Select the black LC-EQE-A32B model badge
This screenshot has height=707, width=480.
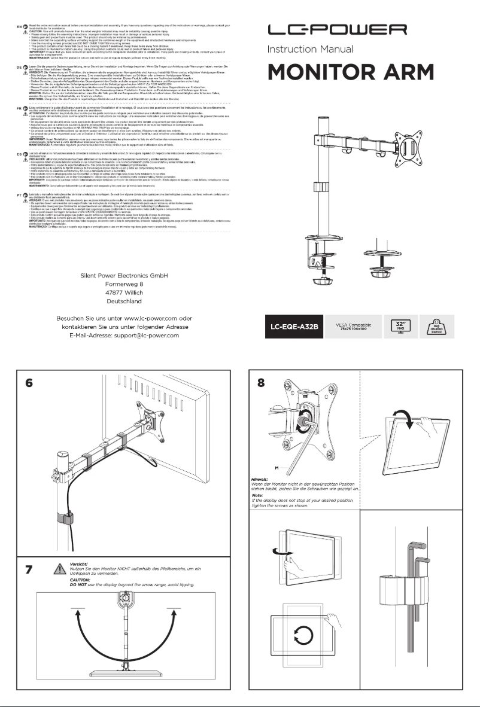pyautogui.click(x=293, y=327)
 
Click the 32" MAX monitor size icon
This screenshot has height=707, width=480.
pyautogui.click(x=399, y=327)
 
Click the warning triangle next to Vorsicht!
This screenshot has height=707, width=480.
pyautogui.click(x=59, y=569)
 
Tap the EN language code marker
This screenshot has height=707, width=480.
pyautogui.click(x=19, y=26)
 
